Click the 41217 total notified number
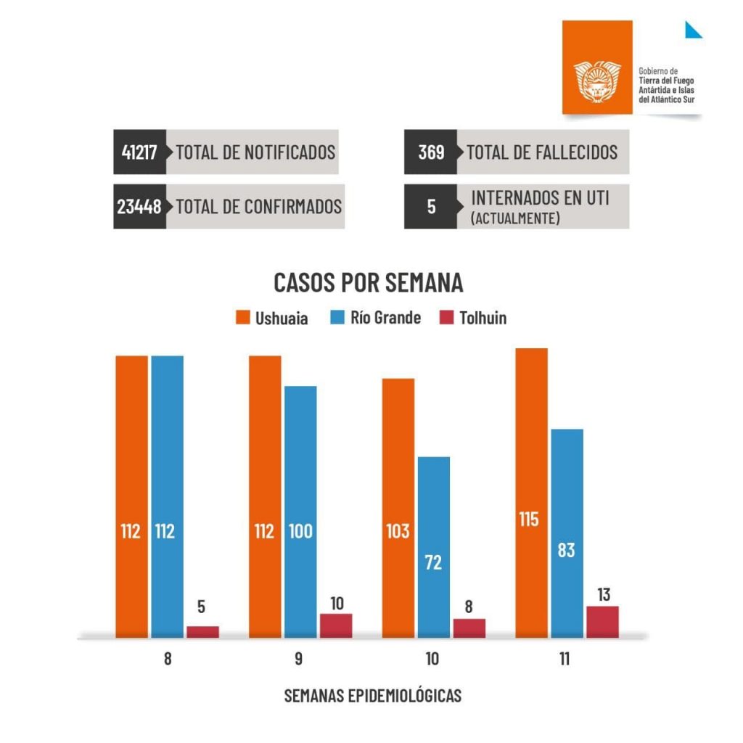(x=139, y=152)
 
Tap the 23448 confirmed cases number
(x=139, y=207)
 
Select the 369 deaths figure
(x=430, y=152)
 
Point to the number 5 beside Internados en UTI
(x=431, y=207)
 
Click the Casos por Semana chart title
(x=368, y=283)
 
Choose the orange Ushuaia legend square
(x=243, y=318)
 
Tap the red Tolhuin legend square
(x=447, y=318)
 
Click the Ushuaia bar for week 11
(x=532, y=493)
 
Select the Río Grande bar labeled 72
(x=433, y=548)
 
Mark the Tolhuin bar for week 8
(x=202, y=632)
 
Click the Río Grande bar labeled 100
(x=300, y=512)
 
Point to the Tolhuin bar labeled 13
(x=602, y=622)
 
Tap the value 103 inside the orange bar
(x=398, y=531)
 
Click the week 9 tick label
(x=299, y=660)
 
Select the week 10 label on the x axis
(x=432, y=660)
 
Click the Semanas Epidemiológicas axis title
(x=372, y=695)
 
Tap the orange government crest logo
(x=597, y=81)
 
